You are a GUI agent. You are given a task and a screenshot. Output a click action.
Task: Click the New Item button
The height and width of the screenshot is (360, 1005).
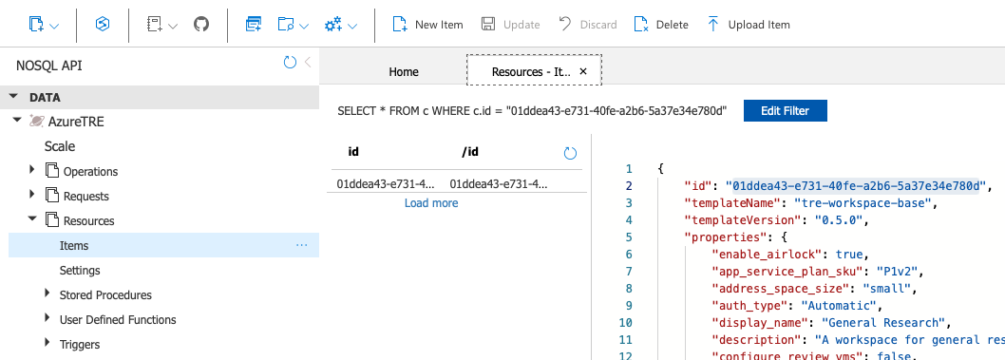coord(427,25)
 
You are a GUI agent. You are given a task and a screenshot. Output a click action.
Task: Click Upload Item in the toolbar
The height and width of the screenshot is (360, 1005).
coord(748,25)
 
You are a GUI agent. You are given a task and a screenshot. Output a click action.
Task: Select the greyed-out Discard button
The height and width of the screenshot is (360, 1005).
coord(587,25)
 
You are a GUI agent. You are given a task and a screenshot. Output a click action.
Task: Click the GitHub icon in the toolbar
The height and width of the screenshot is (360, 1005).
coord(201,25)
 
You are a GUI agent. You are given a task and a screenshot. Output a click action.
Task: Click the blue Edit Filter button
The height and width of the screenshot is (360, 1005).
coord(786,110)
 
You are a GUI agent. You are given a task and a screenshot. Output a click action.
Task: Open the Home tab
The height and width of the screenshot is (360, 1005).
coord(404,72)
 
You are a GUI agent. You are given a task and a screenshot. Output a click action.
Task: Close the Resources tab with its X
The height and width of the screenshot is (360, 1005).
coord(583,71)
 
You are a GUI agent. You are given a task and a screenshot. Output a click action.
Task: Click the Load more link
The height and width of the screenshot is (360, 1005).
coord(431,203)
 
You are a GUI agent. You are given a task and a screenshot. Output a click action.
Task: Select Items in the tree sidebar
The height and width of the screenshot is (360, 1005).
coord(74,246)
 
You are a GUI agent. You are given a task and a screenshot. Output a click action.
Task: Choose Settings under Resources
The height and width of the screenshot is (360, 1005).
coord(80,271)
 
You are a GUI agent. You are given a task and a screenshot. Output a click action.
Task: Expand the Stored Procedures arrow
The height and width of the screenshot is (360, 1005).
coord(47,294)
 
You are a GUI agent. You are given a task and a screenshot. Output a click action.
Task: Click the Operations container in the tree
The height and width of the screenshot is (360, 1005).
coord(90,172)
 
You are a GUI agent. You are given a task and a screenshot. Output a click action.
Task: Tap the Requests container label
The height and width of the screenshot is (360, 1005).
coord(85,196)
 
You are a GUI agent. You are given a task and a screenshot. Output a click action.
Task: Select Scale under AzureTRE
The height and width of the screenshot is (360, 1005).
coord(60,146)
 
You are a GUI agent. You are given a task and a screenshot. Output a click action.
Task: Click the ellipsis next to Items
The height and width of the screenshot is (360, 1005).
coord(302,245)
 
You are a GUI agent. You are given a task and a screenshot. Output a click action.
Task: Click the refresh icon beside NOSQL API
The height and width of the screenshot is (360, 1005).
coord(291,62)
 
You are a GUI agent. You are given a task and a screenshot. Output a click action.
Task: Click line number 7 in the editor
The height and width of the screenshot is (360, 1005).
coord(629,271)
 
